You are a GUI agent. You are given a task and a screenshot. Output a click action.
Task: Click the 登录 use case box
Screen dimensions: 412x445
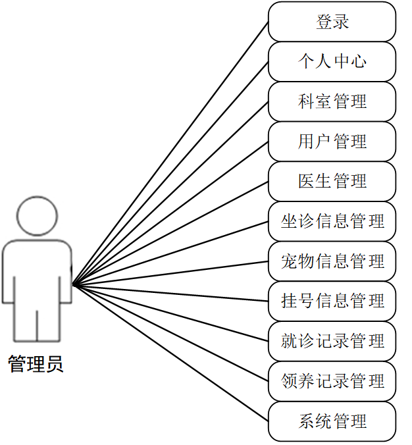point(332,22)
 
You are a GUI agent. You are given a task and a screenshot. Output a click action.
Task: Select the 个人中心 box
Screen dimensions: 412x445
point(332,62)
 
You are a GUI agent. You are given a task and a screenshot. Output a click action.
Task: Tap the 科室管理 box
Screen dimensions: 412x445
point(332,101)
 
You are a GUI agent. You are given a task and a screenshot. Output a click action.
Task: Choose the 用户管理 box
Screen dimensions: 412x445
point(332,142)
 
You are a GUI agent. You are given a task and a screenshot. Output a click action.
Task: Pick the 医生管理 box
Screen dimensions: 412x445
point(332,182)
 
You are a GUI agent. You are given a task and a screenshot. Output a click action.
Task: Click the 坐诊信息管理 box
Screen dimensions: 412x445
point(332,221)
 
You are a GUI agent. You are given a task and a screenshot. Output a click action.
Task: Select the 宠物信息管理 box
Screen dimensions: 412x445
point(332,261)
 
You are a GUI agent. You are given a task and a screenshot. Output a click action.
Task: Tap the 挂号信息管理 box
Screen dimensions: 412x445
point(332,301)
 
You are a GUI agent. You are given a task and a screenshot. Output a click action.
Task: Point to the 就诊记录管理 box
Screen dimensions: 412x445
point(332,341)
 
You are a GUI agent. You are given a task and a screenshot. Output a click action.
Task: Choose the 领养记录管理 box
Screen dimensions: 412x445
point(332,381)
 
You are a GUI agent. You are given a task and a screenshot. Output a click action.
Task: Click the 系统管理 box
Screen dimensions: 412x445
point(332,421)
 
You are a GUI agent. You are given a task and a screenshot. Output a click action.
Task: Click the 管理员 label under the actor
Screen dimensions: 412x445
point(36,364)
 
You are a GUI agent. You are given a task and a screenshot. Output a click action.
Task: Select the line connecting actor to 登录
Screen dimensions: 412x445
point(170,153)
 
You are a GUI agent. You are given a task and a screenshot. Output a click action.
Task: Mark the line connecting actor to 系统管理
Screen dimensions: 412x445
point(170,353)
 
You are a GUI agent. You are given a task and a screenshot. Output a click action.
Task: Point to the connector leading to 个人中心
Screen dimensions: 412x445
point(170,173)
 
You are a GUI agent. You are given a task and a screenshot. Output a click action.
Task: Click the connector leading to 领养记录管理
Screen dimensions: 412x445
point(170,333)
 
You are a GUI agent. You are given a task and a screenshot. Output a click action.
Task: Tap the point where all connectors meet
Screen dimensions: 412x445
point(73,285)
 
